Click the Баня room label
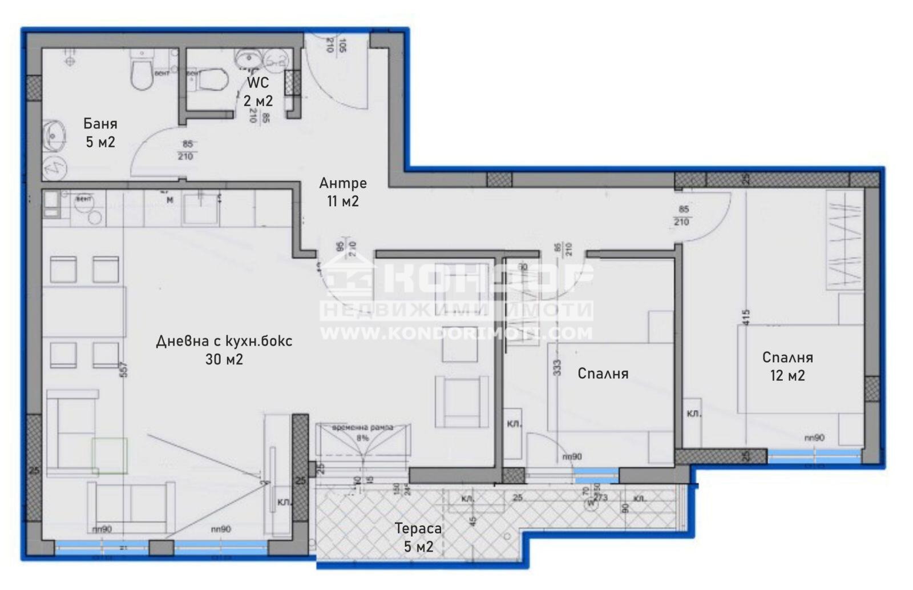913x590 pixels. point(100,133)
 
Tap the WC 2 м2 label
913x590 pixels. point(258,92)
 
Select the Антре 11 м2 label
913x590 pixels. point(342,192)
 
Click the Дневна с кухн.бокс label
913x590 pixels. point(224,350)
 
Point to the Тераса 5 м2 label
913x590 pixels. point(418,537)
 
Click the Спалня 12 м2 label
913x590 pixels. point(787,366)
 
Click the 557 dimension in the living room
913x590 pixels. point(123,370)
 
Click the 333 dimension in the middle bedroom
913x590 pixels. point(558,367)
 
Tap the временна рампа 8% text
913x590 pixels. point(363,432)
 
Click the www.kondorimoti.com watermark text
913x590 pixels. point(456,333)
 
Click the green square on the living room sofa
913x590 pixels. point(110,455)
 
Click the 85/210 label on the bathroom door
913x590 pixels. point(187,150)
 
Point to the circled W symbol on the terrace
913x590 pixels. point(590,503)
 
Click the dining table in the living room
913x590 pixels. point(84,312)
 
